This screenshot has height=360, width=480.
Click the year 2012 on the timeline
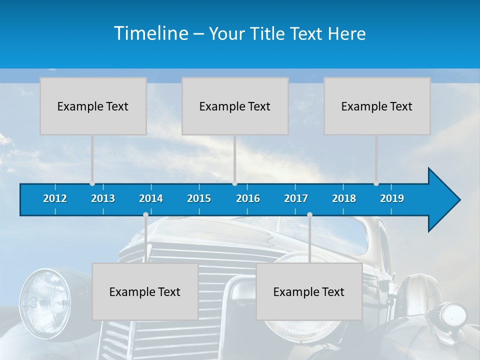[x=55, y=198]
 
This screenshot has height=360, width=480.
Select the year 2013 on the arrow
[x=103, y=198]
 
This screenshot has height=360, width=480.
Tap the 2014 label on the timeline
[x=151, y=198]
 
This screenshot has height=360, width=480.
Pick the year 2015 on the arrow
[x=199, y=198]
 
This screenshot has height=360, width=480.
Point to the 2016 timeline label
[x=248, y=198]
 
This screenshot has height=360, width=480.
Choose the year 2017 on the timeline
[x=296, y=198]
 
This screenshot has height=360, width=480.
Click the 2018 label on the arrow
[x=344, y=198]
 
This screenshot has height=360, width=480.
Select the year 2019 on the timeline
[x=392, y=198]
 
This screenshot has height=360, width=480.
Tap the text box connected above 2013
[x=93, y=106]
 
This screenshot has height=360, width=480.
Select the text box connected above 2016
[x=235, y=106]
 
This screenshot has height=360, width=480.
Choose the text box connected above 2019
[x=377, y=106]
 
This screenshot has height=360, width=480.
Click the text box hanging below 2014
[x=145, y=291]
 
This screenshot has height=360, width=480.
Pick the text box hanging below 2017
[x=309, y=291]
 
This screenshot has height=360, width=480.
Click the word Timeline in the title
[x=150, y=33]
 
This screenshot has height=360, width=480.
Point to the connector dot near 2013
[x=92, y=183]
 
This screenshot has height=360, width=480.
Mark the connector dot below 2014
[x=145, y=215]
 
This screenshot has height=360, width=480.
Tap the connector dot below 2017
[x=309, y=215]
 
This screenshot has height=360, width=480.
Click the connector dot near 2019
[x=376, y=183]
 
